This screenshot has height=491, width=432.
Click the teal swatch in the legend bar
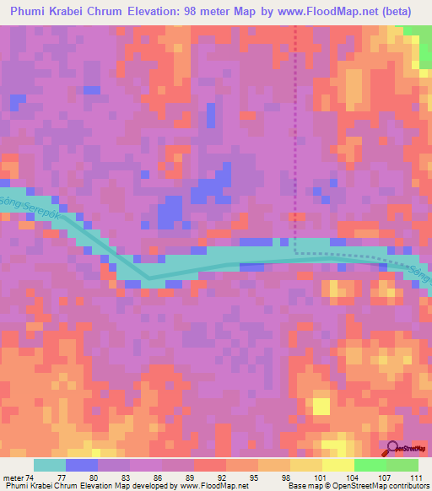(50, 465)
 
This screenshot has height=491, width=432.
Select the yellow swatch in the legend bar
(337, 465)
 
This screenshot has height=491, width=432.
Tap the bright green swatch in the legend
(370, 465)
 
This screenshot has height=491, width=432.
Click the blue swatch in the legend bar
(82, 465)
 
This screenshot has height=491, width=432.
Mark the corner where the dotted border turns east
(295, 251)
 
